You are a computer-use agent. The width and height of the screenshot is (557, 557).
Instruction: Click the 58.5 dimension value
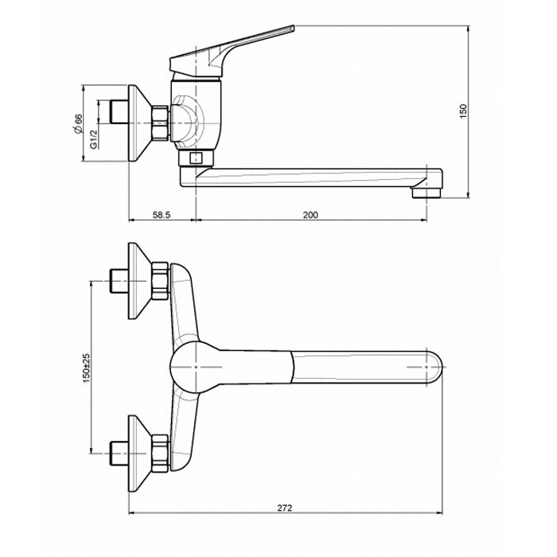coord(162,215)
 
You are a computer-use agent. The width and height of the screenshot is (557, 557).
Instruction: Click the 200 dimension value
coord(310,215)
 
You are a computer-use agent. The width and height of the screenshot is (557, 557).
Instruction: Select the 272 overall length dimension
coord(285,508)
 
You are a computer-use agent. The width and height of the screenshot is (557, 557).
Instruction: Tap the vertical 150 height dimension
coord(464,111)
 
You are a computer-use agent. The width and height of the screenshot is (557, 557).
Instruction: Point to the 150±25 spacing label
coord(86,368)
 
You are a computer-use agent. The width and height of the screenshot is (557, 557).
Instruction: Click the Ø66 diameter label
coord(77,124)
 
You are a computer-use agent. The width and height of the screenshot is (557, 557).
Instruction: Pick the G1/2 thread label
coord(93,139)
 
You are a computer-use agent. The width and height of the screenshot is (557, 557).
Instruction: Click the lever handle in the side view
coord(232,52)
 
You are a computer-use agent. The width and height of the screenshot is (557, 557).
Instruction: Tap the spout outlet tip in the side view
coord(427,193)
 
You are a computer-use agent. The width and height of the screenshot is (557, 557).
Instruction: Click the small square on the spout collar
coord(196,158)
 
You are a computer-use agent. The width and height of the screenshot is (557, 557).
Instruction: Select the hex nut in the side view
coord(160,123)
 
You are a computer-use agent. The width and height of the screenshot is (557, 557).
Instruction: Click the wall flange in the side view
coord(140,123)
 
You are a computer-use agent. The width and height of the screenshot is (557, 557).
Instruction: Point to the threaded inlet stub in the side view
coord(119,111)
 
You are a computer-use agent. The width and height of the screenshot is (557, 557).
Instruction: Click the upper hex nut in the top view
coord(160,281)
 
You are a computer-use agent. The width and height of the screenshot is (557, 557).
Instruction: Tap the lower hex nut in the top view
coord(160,454)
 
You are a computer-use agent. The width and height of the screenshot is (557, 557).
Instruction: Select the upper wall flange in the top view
coord(140,281)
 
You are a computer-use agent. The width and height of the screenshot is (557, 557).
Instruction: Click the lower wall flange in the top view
coord(140,454)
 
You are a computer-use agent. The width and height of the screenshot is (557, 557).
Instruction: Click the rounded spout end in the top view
coord(435,368)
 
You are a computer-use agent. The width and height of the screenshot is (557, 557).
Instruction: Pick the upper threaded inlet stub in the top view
coord(119,281)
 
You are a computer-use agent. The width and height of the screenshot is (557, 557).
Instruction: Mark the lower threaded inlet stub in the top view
coord(119,454)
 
